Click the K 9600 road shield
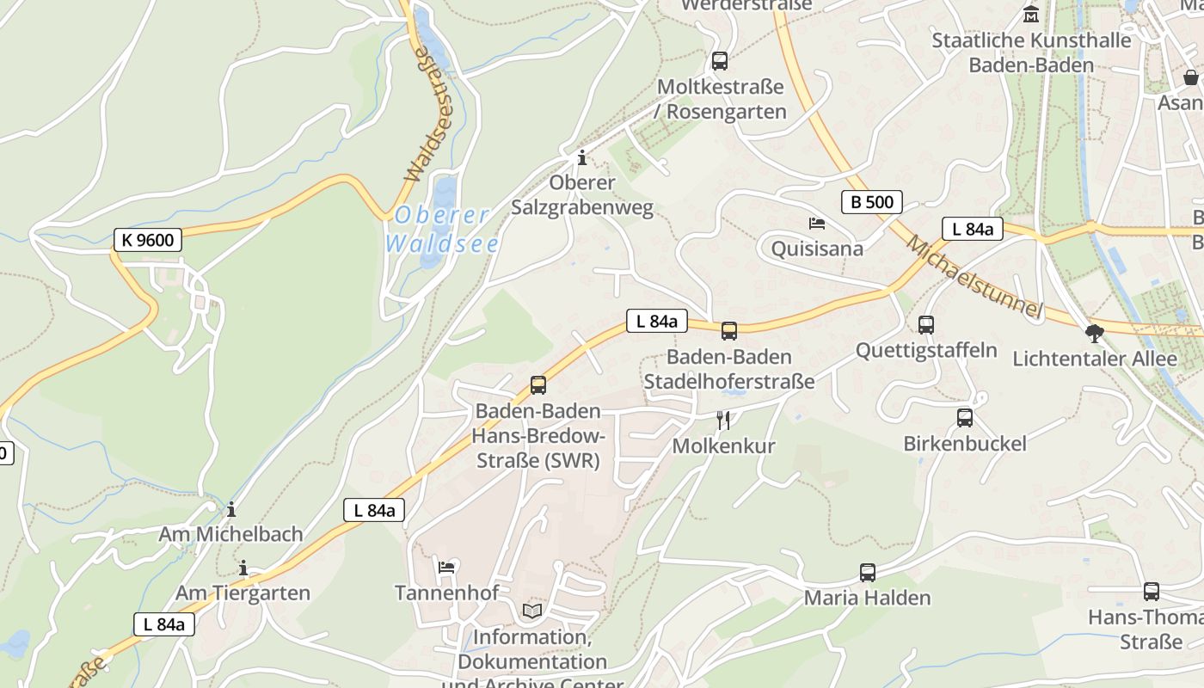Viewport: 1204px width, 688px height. click(x=148, y=240)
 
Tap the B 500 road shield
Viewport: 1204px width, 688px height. click(x=872, y=202)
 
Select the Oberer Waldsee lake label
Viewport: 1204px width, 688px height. click(x=442, y=230)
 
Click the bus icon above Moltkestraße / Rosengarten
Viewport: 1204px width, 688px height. click(x=720, y=61)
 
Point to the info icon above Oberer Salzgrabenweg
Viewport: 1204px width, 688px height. click(x=582, y=157)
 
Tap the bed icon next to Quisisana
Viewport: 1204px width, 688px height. click(x=817, y=224)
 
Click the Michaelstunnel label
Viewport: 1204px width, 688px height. click(x=974, y=276)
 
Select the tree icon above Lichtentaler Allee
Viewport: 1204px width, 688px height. click(x=1095, y=333)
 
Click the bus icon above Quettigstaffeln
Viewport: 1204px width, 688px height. click(x=926, y=325)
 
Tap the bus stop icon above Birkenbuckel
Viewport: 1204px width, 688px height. click(x=965, y=418)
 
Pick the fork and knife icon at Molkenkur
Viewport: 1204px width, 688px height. click(x=723, y=420)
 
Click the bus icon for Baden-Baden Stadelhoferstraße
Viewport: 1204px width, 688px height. click(x=729, y=331)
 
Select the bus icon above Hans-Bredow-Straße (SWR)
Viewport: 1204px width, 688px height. click(x=538, y=385)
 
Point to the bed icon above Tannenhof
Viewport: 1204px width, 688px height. click(x=446, y=567)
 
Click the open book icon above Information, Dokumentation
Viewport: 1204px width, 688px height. click(x=532, y=611)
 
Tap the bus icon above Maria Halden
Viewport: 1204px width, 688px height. click(x=868, y=573)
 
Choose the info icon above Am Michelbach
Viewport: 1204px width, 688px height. click(x=231, y=509)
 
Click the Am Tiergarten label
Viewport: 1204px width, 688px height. click(x=243, y=593)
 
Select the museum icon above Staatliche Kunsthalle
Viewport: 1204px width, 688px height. click(x=1031, y=15)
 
